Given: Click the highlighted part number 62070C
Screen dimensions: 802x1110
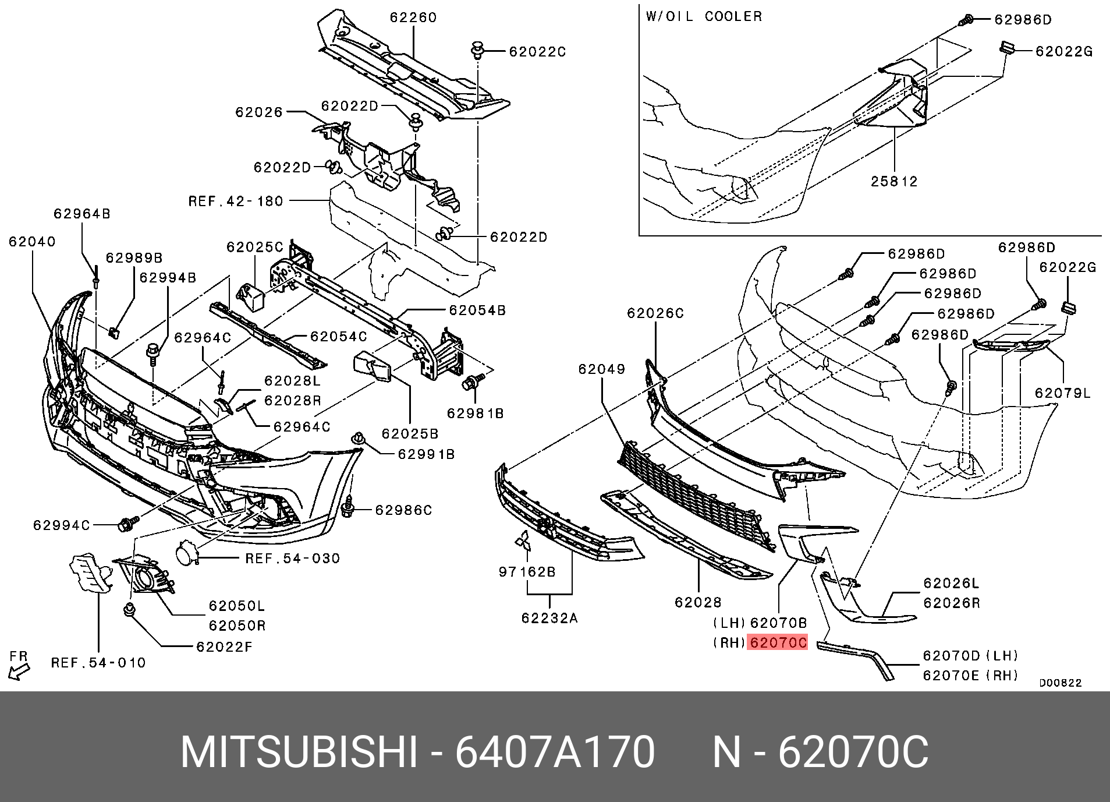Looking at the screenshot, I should click(778, 643).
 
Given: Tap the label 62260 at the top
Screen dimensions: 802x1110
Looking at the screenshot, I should click(413, 17).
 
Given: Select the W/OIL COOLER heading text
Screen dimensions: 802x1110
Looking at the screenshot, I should click(704, 16).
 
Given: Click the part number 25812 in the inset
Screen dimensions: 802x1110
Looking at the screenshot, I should click(894, 181).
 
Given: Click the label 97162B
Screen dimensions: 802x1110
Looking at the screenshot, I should click(527, 572).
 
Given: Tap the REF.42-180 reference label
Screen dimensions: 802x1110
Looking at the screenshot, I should click(236, 202).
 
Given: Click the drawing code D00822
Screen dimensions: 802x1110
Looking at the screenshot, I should click(1061, 683).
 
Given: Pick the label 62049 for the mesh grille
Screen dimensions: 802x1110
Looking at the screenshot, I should click(601, 369).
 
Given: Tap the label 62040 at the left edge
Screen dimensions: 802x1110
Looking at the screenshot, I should click(32, 241).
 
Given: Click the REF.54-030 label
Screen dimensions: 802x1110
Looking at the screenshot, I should click(292, 559).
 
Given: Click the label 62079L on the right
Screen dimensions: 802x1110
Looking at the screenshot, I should click(1062, 393).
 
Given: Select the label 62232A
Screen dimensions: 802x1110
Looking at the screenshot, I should click(549, 619).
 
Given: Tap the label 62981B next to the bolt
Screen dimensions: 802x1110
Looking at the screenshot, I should click(475, 413).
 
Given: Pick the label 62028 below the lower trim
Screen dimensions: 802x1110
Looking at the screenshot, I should click(698, 602).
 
